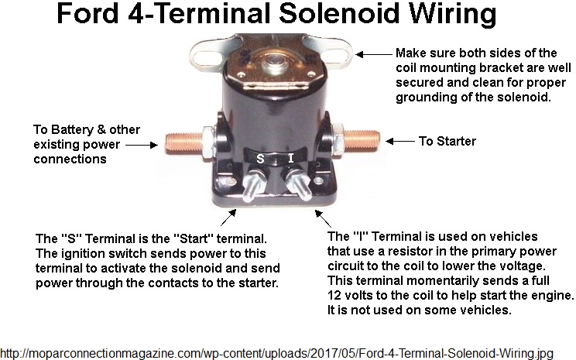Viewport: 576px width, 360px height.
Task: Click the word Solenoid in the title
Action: pos(339,13)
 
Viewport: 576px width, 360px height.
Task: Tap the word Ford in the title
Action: pos(87,13)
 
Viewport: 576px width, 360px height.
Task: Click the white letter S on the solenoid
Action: pos(260,159)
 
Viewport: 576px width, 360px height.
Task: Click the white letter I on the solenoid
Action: pos(291,159)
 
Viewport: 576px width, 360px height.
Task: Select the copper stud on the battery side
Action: pos(183,143)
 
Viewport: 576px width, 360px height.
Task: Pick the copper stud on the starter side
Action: pos(361,140)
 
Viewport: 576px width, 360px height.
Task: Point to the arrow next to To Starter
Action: pos(400,141)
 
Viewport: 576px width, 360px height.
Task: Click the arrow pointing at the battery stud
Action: pos(142,145)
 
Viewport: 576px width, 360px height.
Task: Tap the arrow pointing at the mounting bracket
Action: pos(374,54)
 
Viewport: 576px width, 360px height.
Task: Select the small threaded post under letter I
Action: pos(299,183)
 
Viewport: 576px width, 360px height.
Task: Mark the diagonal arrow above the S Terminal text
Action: pos(228,218)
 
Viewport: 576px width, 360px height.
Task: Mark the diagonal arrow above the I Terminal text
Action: pos(324,218)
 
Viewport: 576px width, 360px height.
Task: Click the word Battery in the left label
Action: pos(72,129)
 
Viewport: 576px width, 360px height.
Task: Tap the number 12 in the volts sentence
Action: pos(334,295)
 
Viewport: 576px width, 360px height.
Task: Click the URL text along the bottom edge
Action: pos(276,353)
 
